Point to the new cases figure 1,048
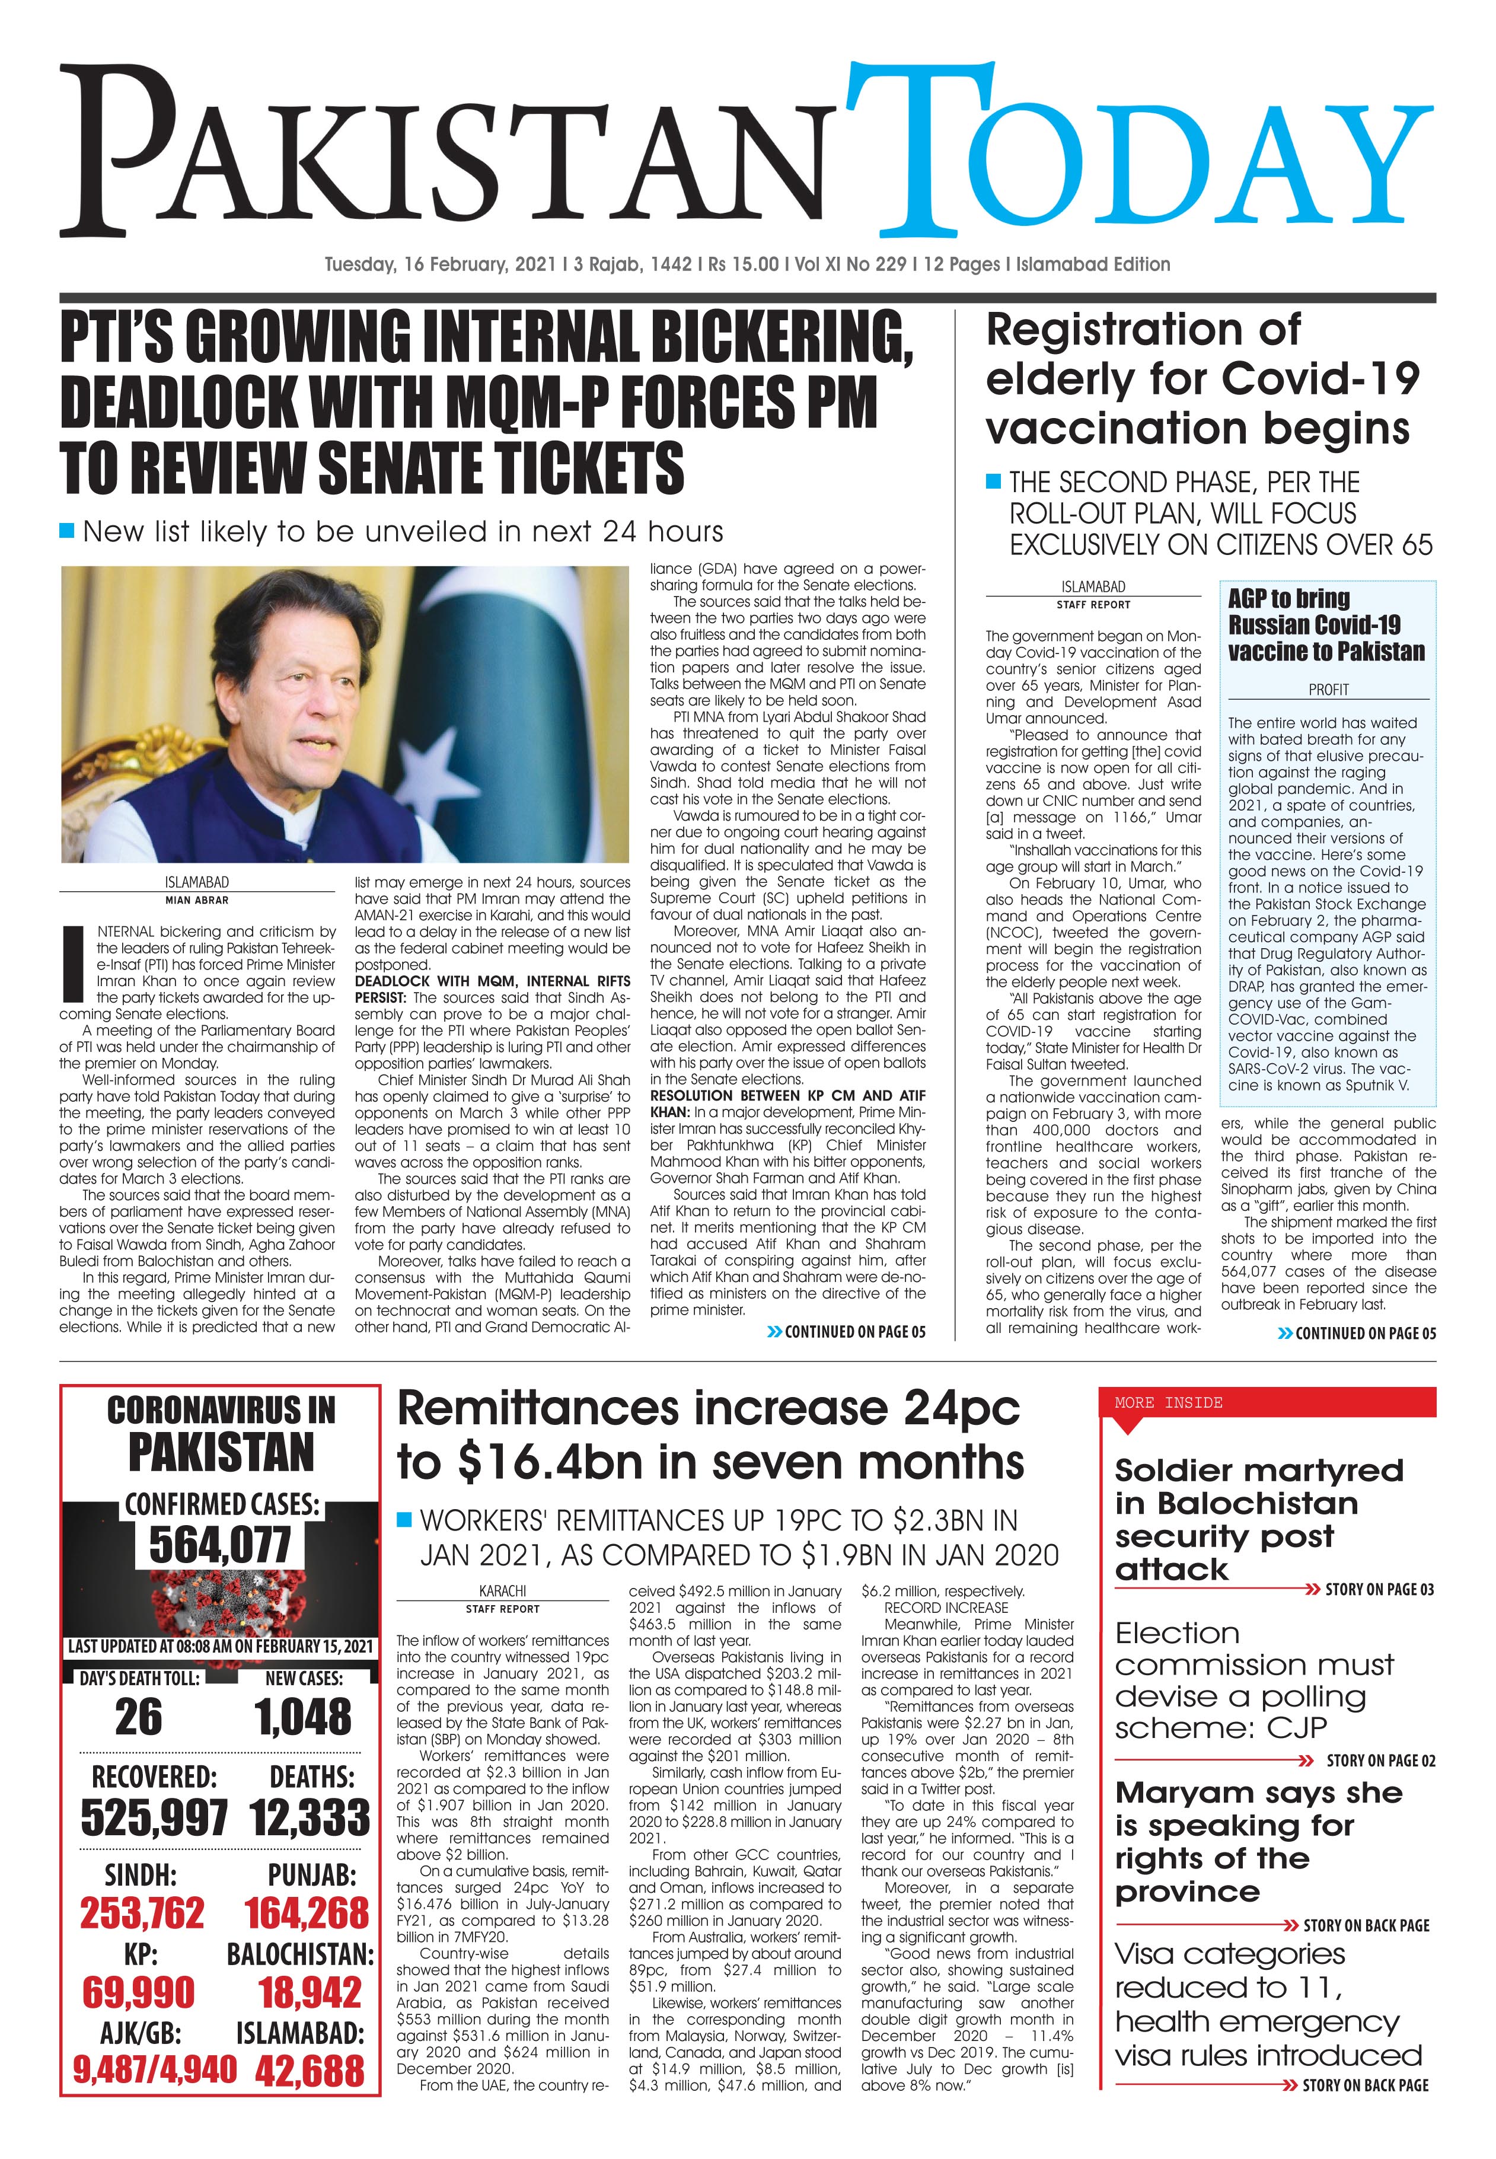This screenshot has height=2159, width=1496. coord(303,1717)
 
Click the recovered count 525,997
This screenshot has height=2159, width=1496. coord(154,1819)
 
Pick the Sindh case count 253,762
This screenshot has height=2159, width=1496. coord(142,1914)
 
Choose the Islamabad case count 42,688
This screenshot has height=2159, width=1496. coord(310,2070)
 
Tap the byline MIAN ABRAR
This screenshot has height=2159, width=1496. coord(197,900)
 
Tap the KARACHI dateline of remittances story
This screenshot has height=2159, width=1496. coord(502,1591)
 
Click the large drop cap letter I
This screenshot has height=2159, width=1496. coord(73,964)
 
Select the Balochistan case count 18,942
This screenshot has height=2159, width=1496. coord(310,1992)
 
